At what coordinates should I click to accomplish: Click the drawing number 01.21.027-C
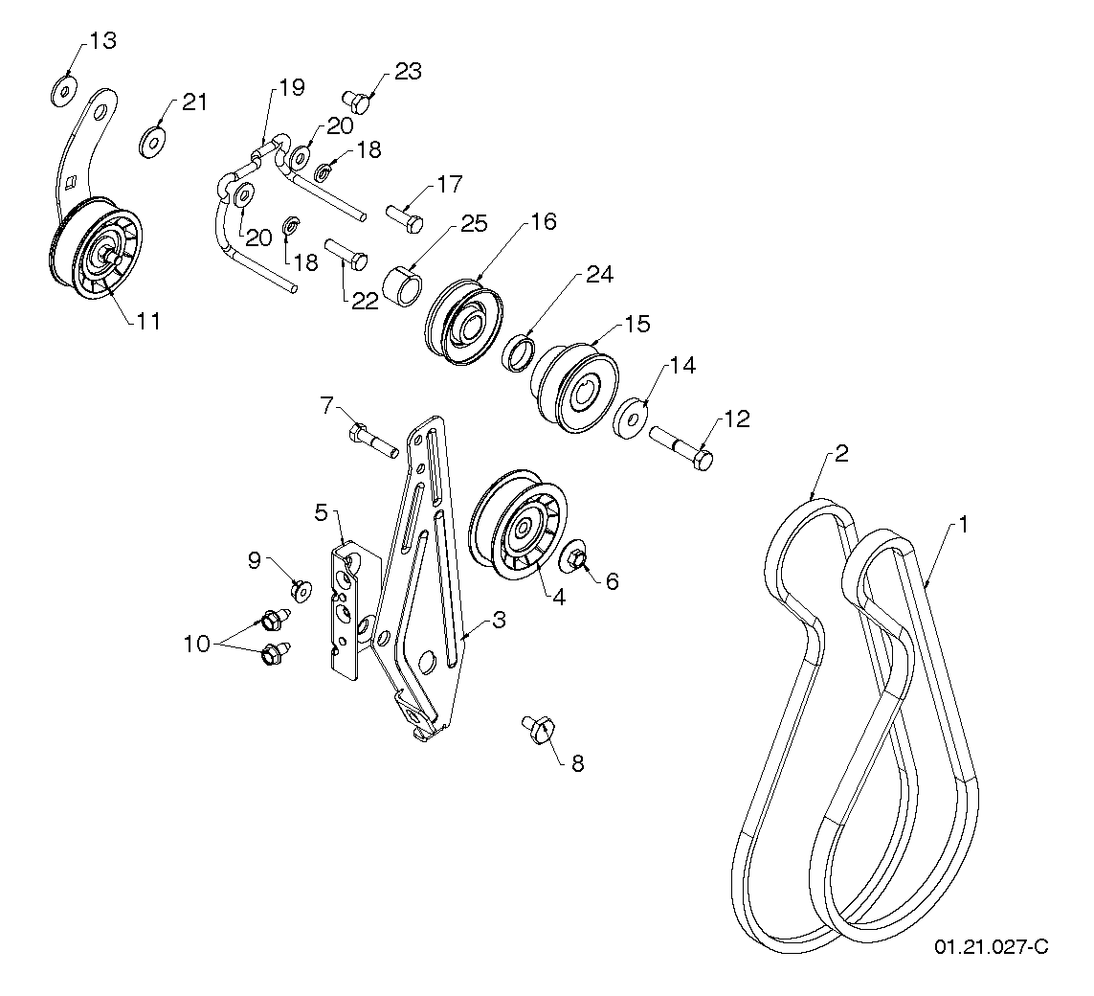pos(991,946)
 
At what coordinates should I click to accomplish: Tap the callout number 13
pos(102,40)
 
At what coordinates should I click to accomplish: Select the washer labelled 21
pos(152,142)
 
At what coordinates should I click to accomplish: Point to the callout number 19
pos(292,87)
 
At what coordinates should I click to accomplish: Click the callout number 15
pos(637,324)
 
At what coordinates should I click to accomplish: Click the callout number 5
pos(321,512)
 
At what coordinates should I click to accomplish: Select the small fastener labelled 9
pos(301,590)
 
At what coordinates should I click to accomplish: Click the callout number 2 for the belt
pos(841,453)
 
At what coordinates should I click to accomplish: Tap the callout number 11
pos(148,321)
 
